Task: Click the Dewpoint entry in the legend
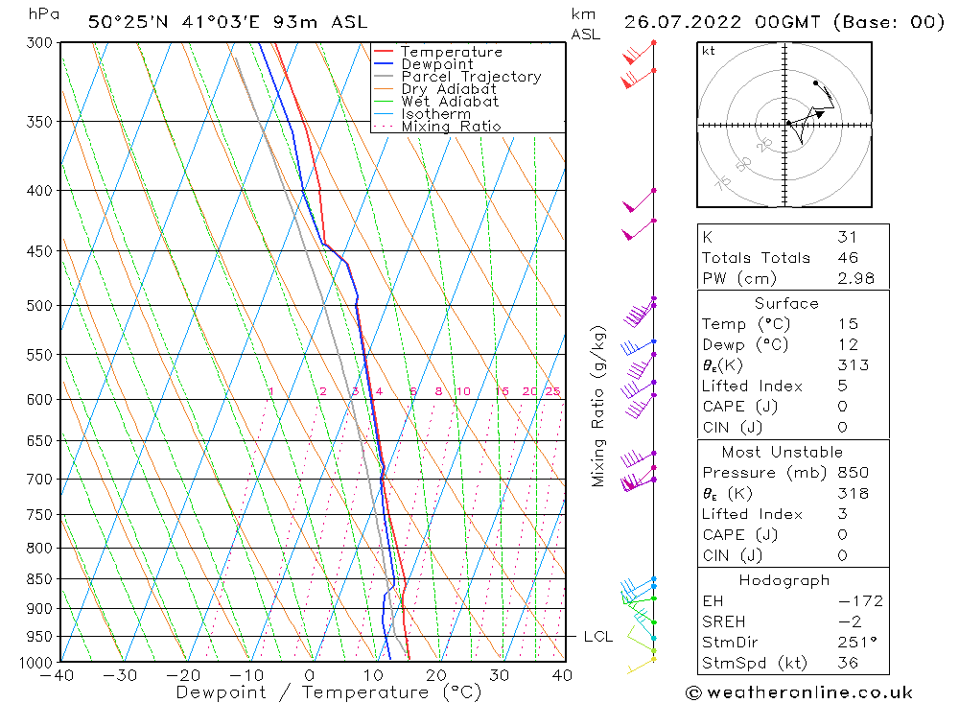point(436,64)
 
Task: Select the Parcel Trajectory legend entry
point(471,77)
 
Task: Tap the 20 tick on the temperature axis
point(436,675)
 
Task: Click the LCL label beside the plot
point(597,637)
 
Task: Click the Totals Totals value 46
point(848,257)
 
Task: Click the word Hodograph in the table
point(784,580)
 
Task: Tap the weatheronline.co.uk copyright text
point(799,692)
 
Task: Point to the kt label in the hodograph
point(709,51)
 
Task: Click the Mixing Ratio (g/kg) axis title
point(599,407)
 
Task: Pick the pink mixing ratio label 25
point(552,391)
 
